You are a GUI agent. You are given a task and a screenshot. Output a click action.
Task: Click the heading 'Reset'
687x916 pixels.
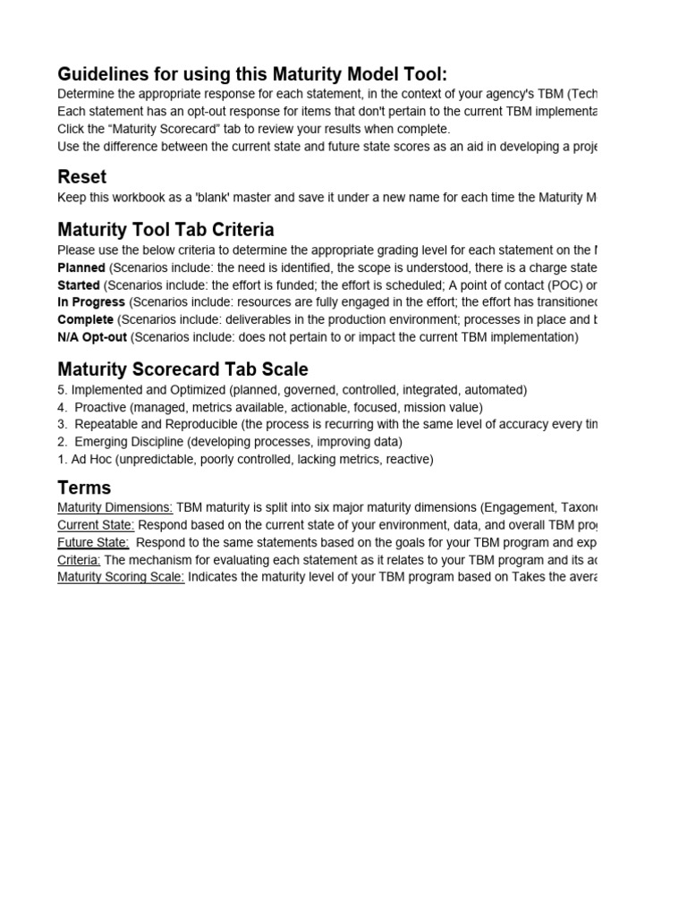(x=81, y=177)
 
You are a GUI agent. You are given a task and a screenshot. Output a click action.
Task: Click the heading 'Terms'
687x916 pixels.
(x=84, y=488)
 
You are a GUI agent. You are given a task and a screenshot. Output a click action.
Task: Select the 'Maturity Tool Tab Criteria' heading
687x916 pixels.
(x=165, y=230)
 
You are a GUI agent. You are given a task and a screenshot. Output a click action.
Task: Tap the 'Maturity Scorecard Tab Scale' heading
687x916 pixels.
(x=182, y=369)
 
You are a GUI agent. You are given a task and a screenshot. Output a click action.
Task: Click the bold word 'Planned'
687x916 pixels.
(x=81, y=267)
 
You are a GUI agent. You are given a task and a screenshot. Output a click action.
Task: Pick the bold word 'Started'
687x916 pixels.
(x=78, y=284)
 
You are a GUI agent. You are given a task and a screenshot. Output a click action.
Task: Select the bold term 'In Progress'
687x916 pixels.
(x=91, y=302)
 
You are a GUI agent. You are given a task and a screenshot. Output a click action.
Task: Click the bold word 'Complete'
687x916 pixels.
(x=85, y=319)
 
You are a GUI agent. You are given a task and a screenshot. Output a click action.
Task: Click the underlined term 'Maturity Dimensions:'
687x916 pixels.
(x=114, y=508)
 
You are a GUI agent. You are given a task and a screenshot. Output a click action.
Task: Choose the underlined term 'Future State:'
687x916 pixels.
(x=93, y=542)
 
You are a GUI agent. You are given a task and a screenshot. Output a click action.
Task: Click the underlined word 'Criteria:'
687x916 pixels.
(x=79, y=559)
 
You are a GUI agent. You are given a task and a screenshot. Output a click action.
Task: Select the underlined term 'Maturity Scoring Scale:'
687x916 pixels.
(x=121, y=577)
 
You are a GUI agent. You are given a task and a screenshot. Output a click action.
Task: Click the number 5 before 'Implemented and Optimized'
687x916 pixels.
(x=61, y=390)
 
